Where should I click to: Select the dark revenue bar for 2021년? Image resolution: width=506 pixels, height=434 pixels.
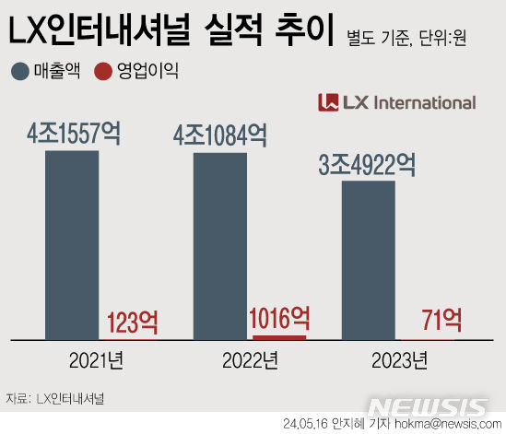72,244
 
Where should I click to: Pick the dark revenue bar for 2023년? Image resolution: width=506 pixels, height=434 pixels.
369,260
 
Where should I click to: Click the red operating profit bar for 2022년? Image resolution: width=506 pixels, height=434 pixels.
278,337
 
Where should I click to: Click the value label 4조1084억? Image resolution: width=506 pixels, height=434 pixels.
220,135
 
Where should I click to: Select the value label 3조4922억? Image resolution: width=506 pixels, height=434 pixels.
367,165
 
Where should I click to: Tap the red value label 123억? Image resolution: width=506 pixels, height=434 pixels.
133,323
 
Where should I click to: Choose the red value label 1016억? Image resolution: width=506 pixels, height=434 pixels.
279,319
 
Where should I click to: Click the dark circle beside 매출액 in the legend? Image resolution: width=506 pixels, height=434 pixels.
18,70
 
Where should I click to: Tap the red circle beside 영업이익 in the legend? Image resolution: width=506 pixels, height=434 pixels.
103,70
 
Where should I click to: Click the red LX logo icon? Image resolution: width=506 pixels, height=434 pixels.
327,102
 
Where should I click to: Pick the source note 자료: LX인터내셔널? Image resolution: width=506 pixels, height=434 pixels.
54,399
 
